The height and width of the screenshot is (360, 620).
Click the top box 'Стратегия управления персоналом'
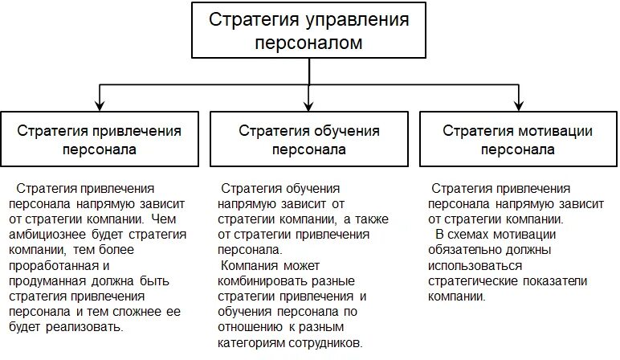click(x=308, y=31)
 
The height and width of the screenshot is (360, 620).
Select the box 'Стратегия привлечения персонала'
click(x=100, y=138)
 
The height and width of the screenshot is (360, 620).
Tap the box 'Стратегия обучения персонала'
click(x=309, y=138)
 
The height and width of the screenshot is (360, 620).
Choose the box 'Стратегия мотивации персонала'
click(x=517, y=138)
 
